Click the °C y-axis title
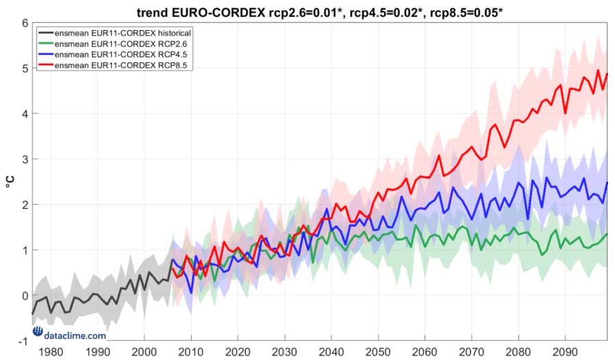pyautogui.click(x=10, y=182)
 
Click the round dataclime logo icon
pyautogui.click(x=38, y=335)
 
